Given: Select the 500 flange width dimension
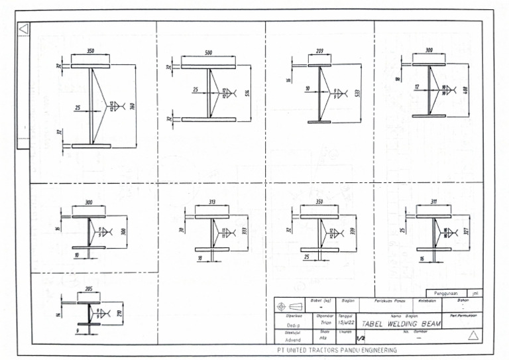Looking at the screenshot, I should click(x=209, y=52).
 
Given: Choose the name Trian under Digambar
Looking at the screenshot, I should click(x=325, y=323).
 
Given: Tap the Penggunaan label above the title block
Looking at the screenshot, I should click(x=445, y=292).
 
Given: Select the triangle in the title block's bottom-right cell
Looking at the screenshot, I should click(x=473, y=335).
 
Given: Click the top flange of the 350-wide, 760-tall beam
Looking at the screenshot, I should click(x=91, y=66).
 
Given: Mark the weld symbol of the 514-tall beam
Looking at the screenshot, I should click(x=229, y=91).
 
